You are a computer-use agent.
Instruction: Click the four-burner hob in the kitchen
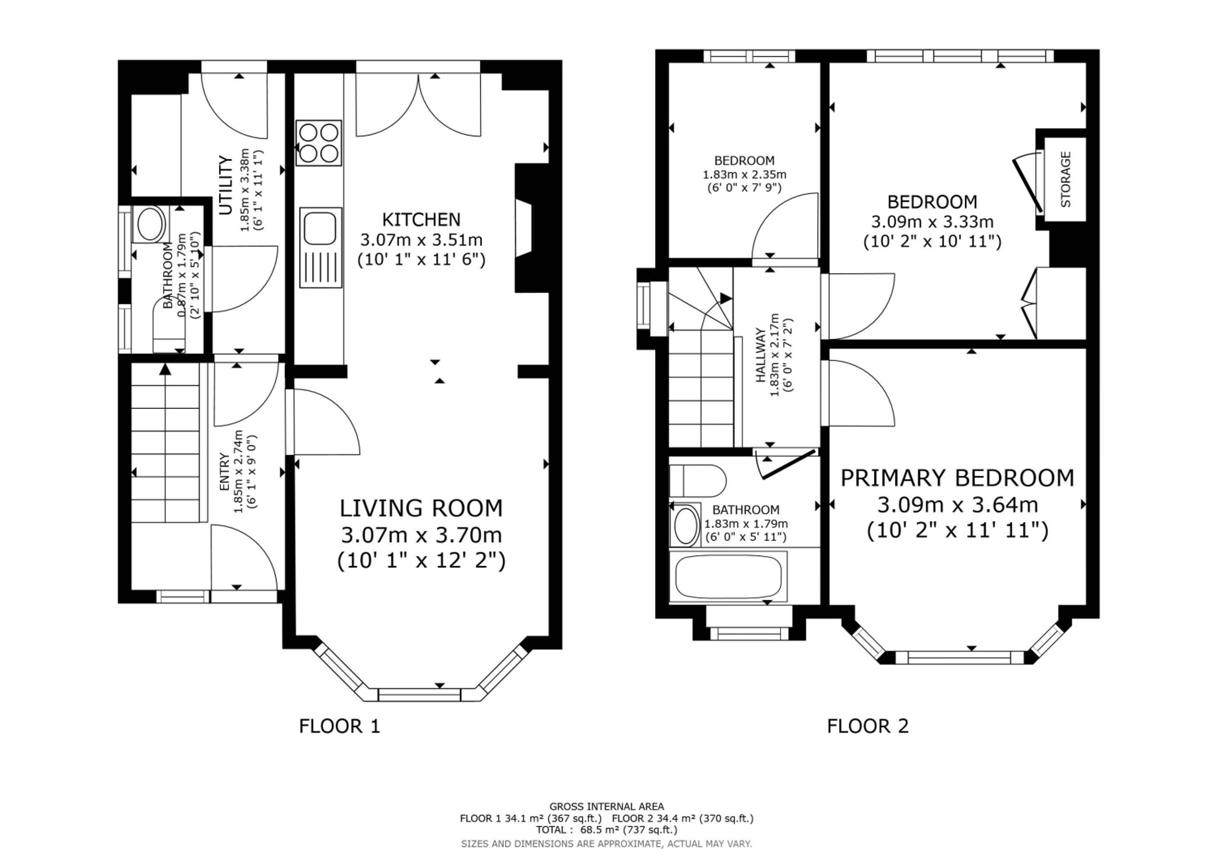319,142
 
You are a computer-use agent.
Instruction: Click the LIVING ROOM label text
421,509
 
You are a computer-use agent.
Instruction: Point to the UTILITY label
226,185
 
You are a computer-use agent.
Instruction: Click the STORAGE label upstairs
1065,179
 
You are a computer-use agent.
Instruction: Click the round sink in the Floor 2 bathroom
685,526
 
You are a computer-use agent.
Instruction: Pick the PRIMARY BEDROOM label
957,478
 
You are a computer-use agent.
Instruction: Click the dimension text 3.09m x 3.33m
932,221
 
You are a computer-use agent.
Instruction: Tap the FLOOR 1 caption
340,726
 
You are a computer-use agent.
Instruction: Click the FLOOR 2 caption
867,726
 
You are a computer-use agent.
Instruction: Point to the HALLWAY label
761,356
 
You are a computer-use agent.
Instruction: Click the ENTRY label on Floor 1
224,471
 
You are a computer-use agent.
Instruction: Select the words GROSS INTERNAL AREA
607,806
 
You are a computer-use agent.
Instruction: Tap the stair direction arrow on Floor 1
165,369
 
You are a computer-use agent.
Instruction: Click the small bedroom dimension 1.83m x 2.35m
744,174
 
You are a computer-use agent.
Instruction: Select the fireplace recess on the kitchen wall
524,228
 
